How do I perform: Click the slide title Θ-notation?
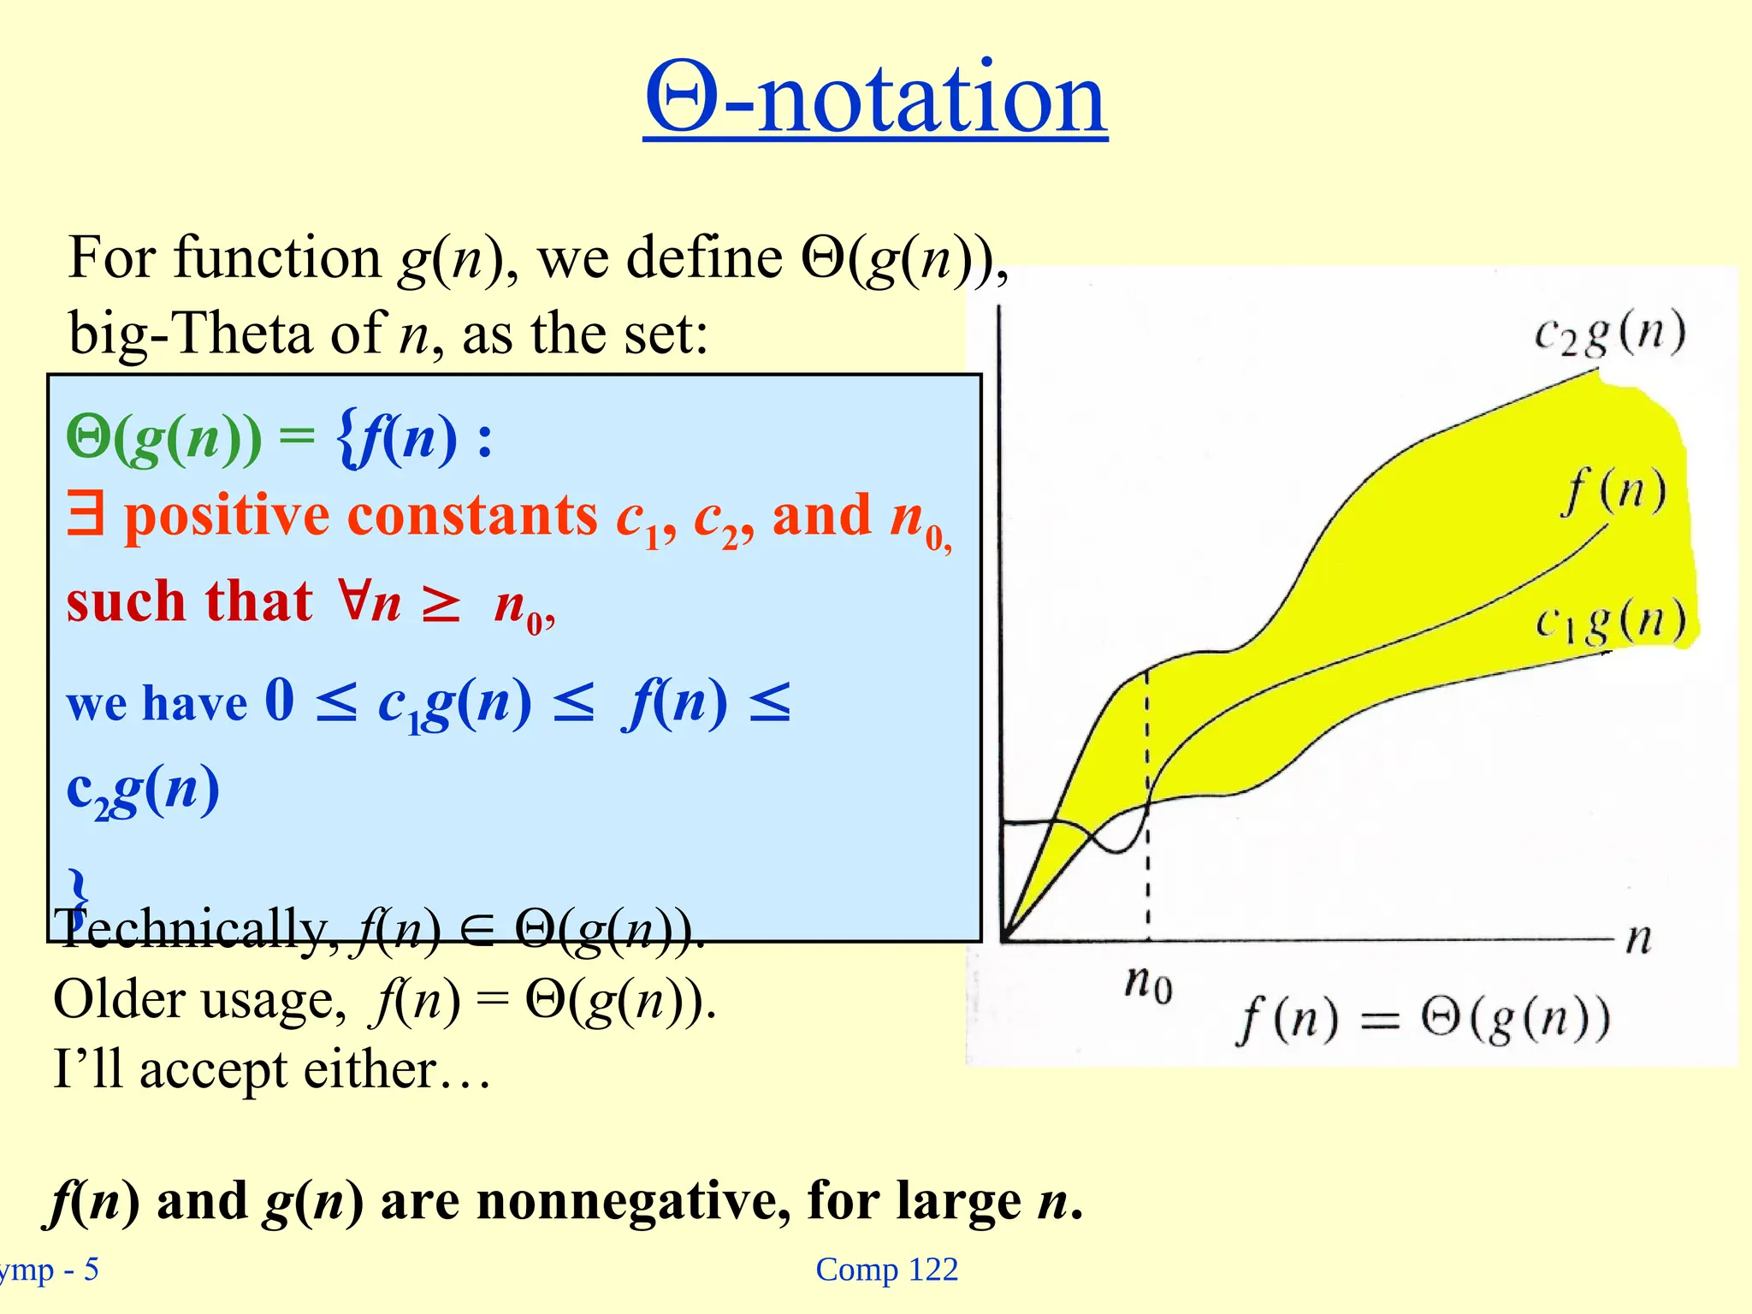875,98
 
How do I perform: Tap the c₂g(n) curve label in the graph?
1609,334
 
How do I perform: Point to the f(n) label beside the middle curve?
1613,492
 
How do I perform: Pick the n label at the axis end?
1638,938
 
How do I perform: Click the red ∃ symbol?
86,516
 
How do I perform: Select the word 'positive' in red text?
227,518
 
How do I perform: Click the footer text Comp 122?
886,1270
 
